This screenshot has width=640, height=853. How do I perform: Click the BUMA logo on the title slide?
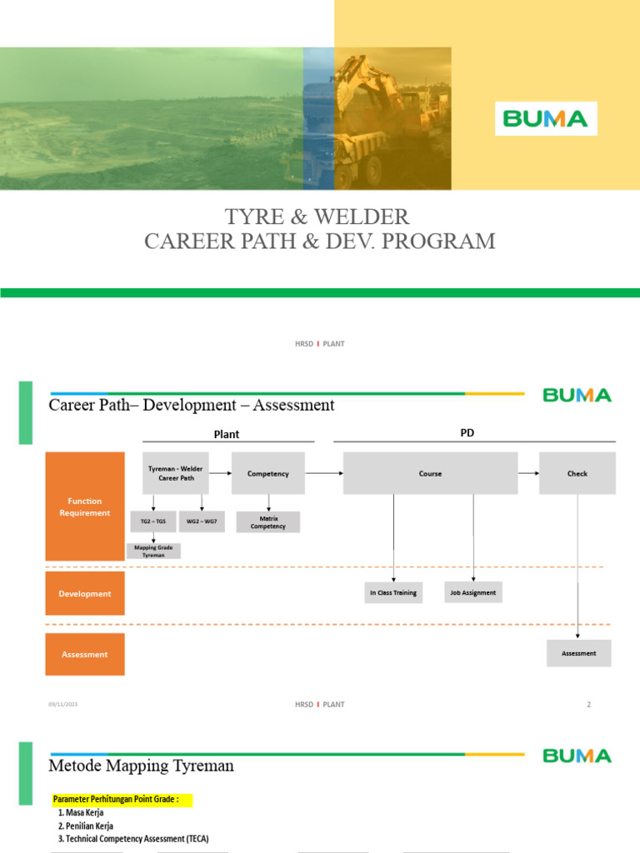pos(546,118)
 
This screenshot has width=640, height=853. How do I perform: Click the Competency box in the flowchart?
pos(268,473)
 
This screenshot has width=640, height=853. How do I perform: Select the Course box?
pos(430,473)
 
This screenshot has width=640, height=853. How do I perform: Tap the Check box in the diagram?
pos(577,473)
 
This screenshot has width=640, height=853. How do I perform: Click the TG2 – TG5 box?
pos(153,521)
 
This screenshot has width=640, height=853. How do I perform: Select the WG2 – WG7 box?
pos(202,521)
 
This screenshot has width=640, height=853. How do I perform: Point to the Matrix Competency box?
pos(267,522)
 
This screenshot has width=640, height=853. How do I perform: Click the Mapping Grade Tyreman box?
pos(153,551)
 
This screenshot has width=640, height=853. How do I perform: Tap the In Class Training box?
pos(393,593)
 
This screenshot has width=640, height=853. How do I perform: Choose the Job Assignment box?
pos(473,593)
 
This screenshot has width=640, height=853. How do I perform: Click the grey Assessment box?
pos(578,653)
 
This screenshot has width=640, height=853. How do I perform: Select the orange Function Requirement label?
pos(85,506)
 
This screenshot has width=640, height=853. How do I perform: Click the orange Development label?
pos(85,594)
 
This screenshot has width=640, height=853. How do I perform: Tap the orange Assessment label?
pos(85,655)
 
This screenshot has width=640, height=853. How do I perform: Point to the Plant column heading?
pos(227,434)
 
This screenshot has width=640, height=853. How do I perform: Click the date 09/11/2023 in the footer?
pos(62,705)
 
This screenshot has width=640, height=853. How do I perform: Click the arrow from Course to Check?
pos(528,473)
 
